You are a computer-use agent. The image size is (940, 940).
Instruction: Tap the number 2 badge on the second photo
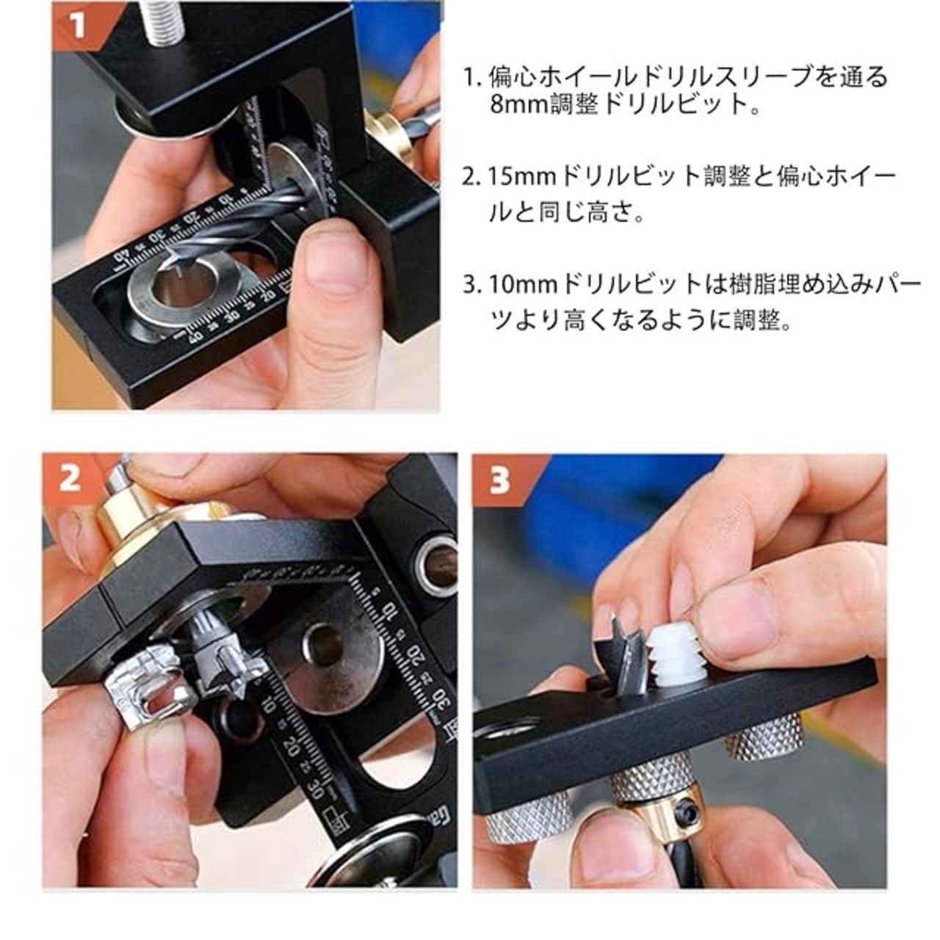click(70, 479)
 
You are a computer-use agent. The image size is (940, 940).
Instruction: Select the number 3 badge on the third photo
click(499, 480)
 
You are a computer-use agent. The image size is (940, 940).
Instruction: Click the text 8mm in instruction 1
click(519, 104)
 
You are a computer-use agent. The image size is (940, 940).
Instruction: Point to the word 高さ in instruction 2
click(607, 213)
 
